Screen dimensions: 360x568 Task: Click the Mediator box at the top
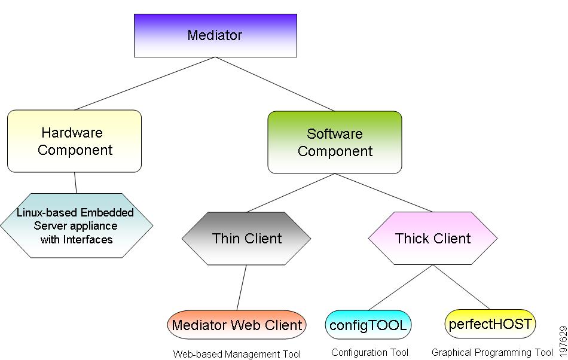[215, 35]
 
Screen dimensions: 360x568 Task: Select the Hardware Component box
[75, 141]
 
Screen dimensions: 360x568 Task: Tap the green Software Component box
[335, 142]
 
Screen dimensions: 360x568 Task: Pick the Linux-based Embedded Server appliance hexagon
[77, 225]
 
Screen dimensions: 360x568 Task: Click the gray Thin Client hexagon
[246, 238]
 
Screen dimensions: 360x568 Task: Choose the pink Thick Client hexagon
[433, 238]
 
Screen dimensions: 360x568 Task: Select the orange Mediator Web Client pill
[237, 325]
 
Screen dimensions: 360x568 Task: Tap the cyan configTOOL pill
[368, 325]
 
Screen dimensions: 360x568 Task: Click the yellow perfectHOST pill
[490, 324]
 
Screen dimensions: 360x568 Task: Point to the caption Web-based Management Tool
[237, 354]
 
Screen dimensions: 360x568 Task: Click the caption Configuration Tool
[369, 352]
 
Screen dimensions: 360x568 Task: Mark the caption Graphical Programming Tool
[492, 352]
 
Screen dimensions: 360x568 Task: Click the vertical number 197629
[562, 339]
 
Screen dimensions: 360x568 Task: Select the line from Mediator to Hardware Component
[143, 84]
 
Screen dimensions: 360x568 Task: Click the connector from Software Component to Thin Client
[291, 193]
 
